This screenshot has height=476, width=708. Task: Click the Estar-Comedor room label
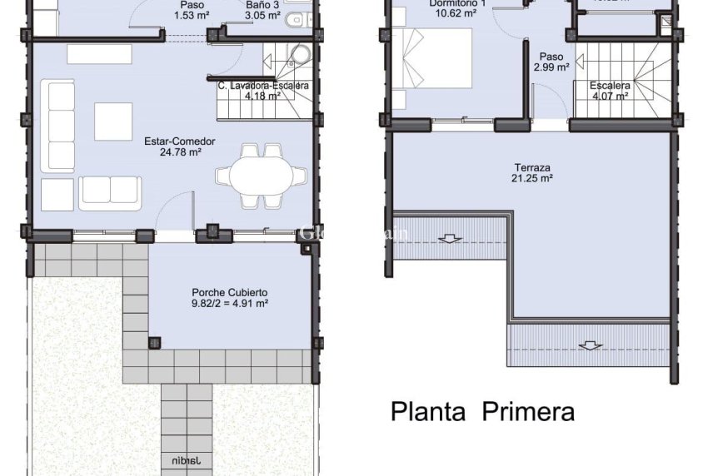179,141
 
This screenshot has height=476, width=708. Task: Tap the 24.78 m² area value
179,152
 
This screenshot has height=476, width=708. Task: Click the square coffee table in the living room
113,121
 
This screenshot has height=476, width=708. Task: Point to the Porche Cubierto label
229,292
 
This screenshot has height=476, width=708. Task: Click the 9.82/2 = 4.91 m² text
229,304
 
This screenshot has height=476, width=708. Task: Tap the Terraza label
533,167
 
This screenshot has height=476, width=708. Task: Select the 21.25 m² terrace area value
533,178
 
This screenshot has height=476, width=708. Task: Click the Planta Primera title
482,411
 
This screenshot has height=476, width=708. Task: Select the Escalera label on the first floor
610,86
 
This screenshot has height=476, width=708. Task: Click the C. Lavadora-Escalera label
263,86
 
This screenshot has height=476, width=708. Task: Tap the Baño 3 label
264,4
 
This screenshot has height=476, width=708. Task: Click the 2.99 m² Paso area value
551,68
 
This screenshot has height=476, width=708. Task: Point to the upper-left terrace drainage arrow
450,239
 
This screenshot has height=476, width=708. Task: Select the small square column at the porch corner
154,343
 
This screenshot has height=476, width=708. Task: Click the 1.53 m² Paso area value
192,15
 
